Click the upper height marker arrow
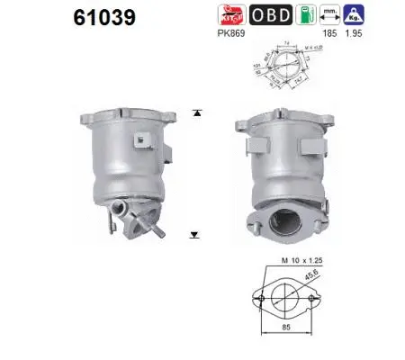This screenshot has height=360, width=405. [x=193, y=112]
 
